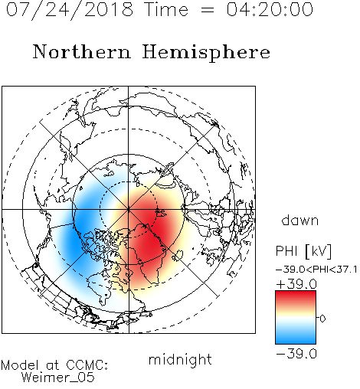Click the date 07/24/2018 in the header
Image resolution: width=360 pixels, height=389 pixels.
click(70, 10)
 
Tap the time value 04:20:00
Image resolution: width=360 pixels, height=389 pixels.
click(270, 9)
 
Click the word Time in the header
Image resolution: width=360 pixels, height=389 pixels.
click(166, 9)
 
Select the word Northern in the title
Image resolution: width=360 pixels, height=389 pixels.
click(82, 52)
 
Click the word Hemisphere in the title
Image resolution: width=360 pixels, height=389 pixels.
click(206, 53)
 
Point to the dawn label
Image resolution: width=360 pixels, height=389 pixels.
click(300, 221)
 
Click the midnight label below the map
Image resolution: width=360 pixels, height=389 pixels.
click(180, 359)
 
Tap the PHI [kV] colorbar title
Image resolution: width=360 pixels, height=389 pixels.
click(303, 251)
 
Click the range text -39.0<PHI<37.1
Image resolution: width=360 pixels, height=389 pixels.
click(316, 270)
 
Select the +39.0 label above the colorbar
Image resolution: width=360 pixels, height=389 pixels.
click(296, 284)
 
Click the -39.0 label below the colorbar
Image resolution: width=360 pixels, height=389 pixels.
click(296, 354)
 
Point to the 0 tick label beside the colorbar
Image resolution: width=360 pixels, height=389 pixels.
click(322, 319)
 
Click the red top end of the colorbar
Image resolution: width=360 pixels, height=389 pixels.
click(296, 293)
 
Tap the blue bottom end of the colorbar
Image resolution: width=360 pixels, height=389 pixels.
click(296, 342)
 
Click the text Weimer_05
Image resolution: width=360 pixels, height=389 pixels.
click(58, 378)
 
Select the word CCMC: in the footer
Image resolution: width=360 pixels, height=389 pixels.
click(87, 365)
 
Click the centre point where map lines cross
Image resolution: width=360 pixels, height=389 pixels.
click(129, 209)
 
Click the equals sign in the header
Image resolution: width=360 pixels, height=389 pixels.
click(207, 10)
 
